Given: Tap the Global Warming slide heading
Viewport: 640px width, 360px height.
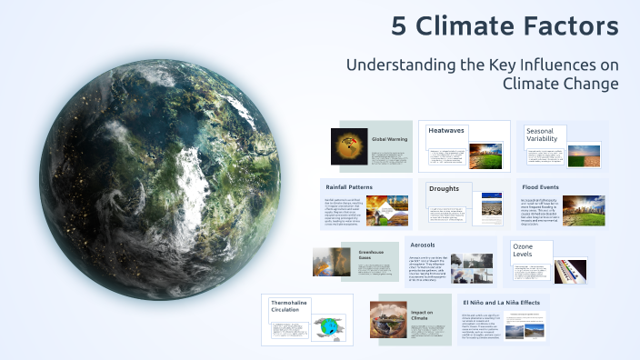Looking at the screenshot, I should click(x=388, y=139).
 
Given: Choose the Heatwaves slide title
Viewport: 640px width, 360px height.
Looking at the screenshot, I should click(x=446, y=131).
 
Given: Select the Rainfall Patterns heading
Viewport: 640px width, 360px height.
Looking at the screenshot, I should click(x=349, y=186).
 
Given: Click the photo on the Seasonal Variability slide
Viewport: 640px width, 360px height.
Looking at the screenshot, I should click(x=584, y=155).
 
